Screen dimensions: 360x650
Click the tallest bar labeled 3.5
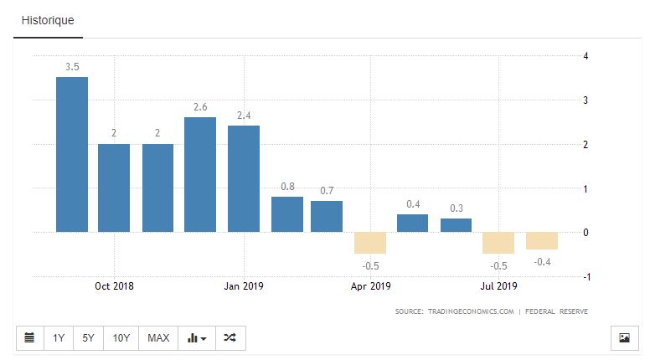click(72, 154)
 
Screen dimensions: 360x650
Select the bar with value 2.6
click(200, 174)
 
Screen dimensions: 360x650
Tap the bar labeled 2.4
click(244, 178)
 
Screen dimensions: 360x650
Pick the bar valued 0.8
click(287, 214)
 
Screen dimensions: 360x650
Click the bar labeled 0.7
click(327, 216)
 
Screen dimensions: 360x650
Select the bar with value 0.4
click(412, 223)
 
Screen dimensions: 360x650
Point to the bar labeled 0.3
click(456, 225)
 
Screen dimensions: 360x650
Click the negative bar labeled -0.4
click(542, 240)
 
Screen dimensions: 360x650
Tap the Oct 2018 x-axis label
click(114, 285)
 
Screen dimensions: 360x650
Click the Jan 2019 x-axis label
click(243, 285)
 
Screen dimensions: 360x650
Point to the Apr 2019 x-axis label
click(371, 285)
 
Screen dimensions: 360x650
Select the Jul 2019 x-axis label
click(498, 285)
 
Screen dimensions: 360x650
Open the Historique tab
click(48, 19)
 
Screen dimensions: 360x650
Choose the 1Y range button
click(59, 338)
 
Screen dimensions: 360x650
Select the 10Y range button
click(121, 338)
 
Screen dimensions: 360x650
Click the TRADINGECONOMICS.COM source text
click(467, 311)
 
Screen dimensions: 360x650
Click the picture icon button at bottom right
click(623, 338)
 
